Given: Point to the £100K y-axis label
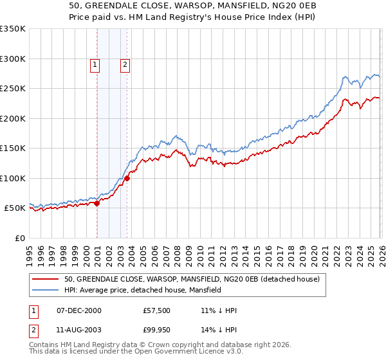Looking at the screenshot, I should (13, 178).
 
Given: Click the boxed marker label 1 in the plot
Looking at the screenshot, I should (95, 64).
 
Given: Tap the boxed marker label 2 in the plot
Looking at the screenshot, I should (125, 64).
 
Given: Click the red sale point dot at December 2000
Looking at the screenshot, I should (96, 204).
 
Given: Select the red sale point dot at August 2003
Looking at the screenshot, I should (127, 179).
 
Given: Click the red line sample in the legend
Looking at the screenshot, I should (46, 279).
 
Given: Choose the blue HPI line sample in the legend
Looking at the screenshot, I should (46, 290).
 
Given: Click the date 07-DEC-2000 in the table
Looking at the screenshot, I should (79, 310).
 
